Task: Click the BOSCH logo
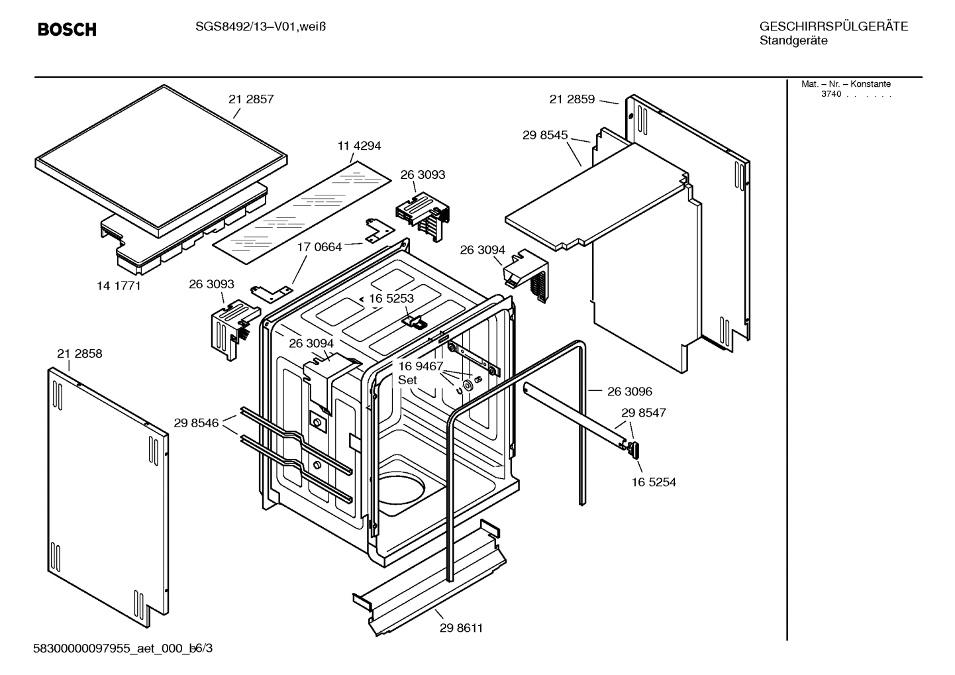[x=67, y=30]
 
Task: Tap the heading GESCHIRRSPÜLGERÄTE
[x=833, y=26]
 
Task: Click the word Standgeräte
[x=793, y=41]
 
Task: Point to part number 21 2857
[x=251, y=99]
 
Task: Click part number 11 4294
[x=359, y=146]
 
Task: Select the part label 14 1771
[x=119, y=286]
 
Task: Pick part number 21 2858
[x=79, y=354]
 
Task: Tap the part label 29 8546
[x=196, y=423]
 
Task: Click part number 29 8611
[x=461, y=628]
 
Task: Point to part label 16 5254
[x=654, y=482]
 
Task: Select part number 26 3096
[x=630, y=391]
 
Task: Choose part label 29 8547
[x=644, y=413]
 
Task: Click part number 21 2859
[x=572, y=99]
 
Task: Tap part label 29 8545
[x=545, y=135]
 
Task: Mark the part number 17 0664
[x=319, y=247]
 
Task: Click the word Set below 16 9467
[x=407, y=380]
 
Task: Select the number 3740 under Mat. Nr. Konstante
[x=831, y=94]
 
